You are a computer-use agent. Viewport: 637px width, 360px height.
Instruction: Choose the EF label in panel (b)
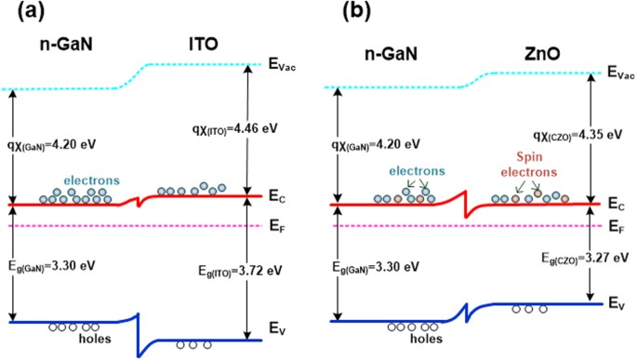coord(615,226)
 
